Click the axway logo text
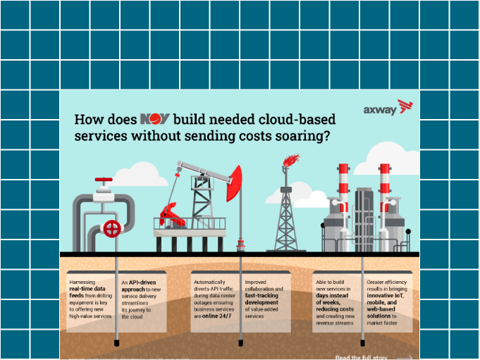[379, 109]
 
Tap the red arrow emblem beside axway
[405, 106]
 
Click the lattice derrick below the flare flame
[286, 211]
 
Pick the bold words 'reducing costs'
[334, 309]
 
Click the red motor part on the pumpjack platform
[171, 213]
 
